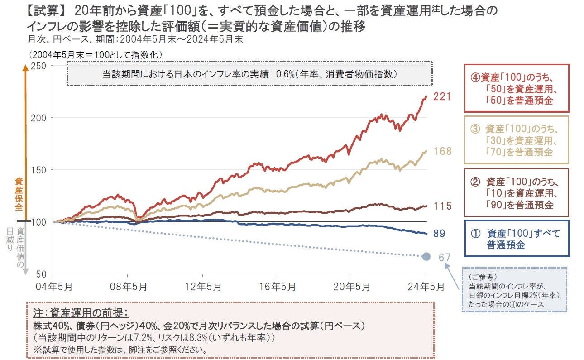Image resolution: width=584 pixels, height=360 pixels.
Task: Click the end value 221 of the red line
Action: pyautogui.click(x=442, y=96)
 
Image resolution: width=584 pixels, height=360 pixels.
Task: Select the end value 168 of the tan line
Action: pyautogui.click(x=442, y=151)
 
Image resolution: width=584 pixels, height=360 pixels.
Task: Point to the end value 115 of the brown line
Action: pyautogui.click(x=442, y=206)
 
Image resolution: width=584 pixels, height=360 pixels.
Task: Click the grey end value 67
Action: pyautogui.click(x=445, y=257)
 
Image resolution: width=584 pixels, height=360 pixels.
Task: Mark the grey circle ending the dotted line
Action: pyautogui.click(x=426, y=257)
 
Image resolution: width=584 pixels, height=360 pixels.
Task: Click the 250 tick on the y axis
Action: pyautogui.click(x=40, y=66)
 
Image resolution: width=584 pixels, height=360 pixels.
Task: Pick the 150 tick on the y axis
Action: pyautogui.click(x=40, y=170)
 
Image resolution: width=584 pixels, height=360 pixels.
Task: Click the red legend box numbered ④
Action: pyautogui.click(x=516, y=88)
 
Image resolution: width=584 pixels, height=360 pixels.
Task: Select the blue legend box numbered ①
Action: pyautogui.click(x=516, y=239)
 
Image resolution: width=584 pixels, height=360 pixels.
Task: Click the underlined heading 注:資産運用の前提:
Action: pyautogui.click(x=81, y=314)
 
